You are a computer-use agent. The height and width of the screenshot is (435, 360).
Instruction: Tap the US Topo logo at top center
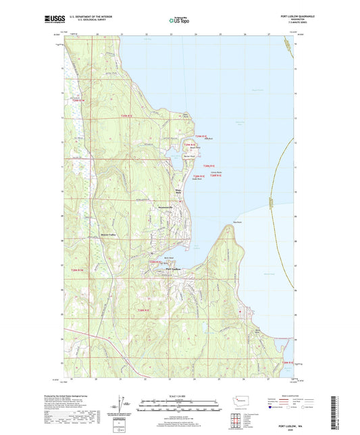(x=179, y=21)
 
